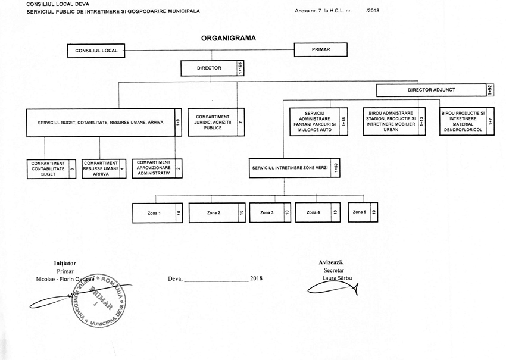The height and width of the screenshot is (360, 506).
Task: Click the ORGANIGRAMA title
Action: (x=229, y=37)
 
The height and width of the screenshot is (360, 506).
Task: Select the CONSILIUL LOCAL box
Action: (x=96, y=51)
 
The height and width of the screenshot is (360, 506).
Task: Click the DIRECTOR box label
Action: (x=209, y=68)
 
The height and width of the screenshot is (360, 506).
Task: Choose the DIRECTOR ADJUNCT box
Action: (x=432, y=90)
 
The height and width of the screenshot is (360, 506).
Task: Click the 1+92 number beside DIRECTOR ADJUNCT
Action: (x=489, y=90)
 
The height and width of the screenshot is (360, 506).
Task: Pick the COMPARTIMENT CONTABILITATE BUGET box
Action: (x=48, y=169)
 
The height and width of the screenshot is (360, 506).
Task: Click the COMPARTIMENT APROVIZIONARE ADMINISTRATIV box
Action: (x=153, y=169)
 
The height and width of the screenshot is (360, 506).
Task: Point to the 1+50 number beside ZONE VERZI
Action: (x=336, y=169)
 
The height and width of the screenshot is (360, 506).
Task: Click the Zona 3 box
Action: (x=267, y=212)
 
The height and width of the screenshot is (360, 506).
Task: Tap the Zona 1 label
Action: (x=155, y=213)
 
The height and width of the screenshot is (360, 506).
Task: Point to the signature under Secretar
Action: (x=333, y=290)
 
